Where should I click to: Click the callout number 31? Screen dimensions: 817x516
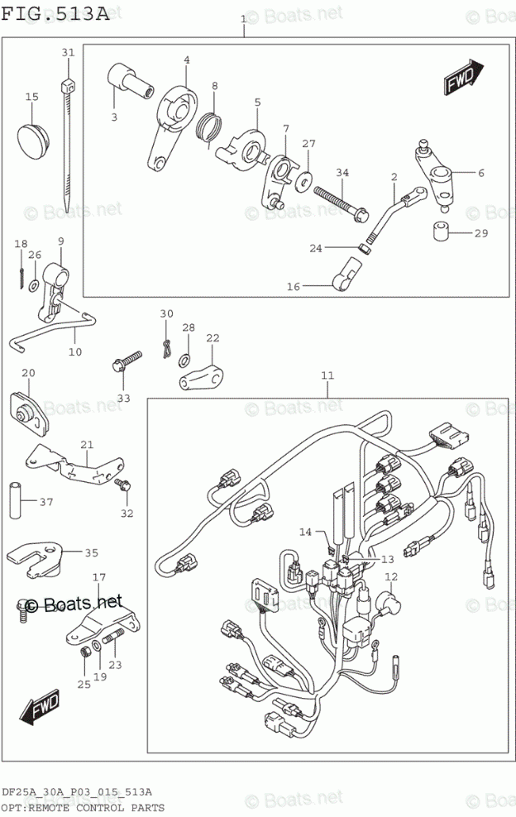tap(68, 53)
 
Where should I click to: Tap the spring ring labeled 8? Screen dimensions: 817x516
tap(211, 126)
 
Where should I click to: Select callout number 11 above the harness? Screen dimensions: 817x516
tap(327, 376)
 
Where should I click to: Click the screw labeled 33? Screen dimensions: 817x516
tap(127, 361)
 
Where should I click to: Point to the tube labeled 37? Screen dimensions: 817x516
tap(15, 499)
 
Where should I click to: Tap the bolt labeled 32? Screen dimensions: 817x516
tap(123, 486)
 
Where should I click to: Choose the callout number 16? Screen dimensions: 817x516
tap(293, 286)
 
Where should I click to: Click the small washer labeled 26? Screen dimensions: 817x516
tap(33, 285)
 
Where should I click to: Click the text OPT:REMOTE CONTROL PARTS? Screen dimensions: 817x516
tap(82, 808)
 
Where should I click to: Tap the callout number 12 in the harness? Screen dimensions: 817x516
tap(390, 576)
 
